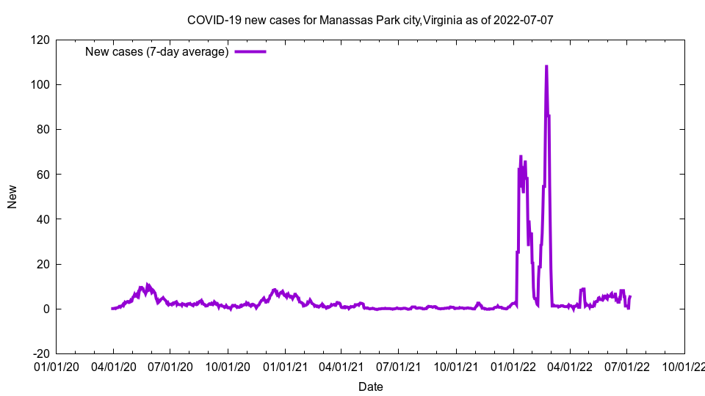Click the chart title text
(370, 20)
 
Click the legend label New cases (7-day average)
(157, 51)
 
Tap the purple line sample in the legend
(250, 51)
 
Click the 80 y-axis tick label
(43, 129)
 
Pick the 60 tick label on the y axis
(43, 174)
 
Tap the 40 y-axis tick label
(43, 219)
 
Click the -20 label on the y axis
(40, 353)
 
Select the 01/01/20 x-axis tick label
(57, 366)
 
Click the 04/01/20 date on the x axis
(113, 366)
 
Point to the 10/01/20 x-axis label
(228, 366)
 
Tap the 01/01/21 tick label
(285, 366)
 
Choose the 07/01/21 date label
(398, 366)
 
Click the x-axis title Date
(370, 386)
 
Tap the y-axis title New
(12, 197)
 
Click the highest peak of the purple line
(546, 67)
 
